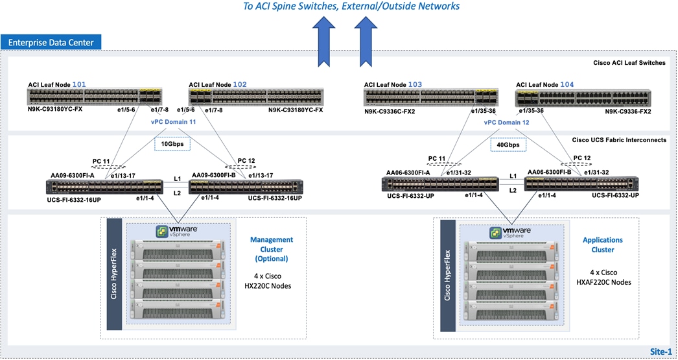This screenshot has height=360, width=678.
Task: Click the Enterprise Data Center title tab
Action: tap(51, 43)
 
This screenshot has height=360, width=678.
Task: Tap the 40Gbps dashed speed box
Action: tap(508, 143)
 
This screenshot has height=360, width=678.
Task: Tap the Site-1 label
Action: tap(660, 351)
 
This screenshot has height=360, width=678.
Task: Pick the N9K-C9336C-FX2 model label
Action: tap(390, 111)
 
